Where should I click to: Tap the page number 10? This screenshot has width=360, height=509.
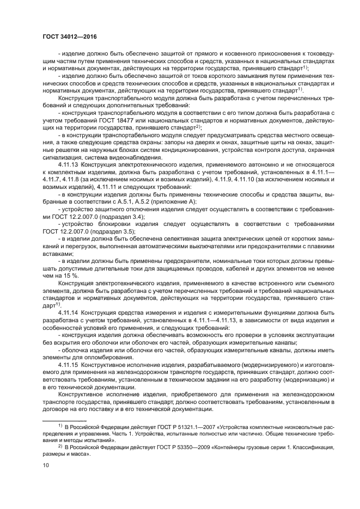[46, 464]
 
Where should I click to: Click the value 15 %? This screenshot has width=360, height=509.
[69, 275]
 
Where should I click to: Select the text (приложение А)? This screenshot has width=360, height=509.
[166, 201]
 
